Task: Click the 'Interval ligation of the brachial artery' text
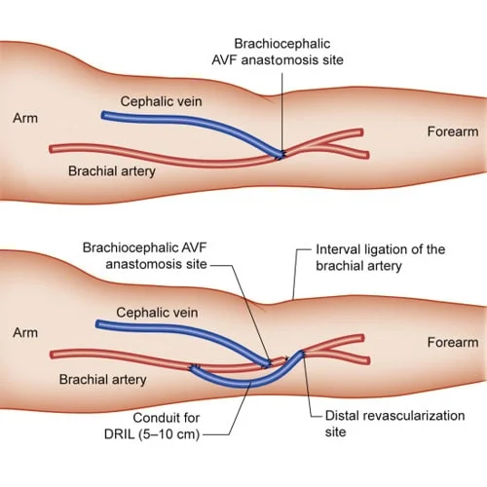[380, 257]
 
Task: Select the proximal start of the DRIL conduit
[196, 367]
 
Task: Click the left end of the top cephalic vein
[103, 115]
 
